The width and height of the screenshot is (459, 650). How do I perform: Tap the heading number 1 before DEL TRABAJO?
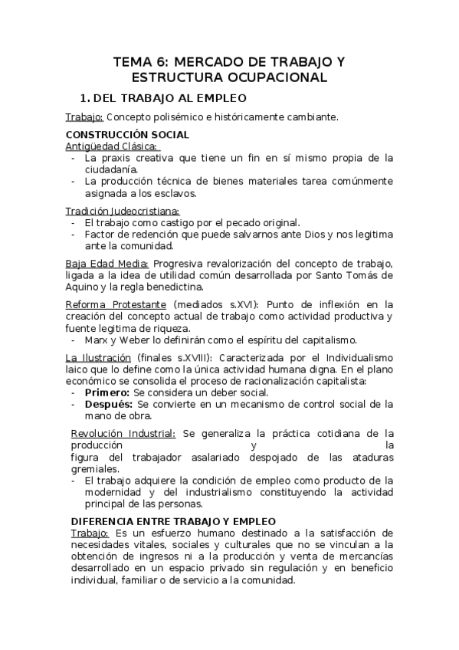pyautogui.click(x=85, y=99)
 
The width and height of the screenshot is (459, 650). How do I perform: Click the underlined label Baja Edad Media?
pyautogui.click(x=107, y=264)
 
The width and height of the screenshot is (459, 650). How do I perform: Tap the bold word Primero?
pyautogui.click(x=107, y=392)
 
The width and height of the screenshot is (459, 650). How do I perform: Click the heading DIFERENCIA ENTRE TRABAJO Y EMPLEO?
pyautogui.click(x=173, y=521)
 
